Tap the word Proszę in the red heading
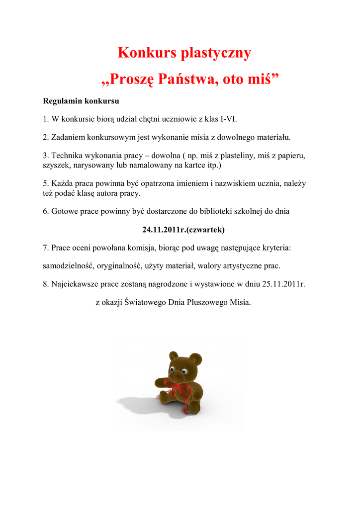[x=130, y=79]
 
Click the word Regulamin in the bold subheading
[x=62, y=101]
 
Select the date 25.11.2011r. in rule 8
[x=283, y=284]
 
